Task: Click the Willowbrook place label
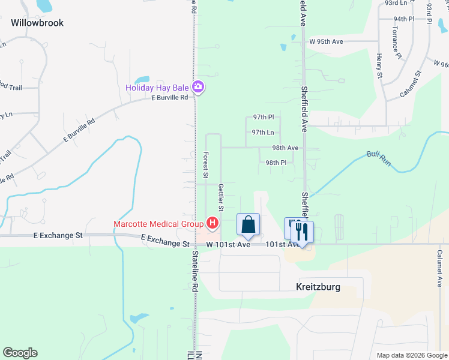[37, 23]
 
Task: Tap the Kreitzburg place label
[318, 287]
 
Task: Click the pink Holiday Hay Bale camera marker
[198, 88]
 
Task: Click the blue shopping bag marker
[248, 226]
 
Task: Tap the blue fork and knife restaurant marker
[303, 231]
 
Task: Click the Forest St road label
[205, 165]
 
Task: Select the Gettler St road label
[221, 197]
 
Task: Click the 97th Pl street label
[263, 117]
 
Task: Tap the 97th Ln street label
[263, 132]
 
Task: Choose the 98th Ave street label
[285, 148]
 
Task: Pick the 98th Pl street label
[276, 163]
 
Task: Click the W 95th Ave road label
[327, 41]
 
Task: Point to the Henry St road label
[379, 67]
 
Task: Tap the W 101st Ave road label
[228, 244]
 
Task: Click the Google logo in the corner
[20, 353]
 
